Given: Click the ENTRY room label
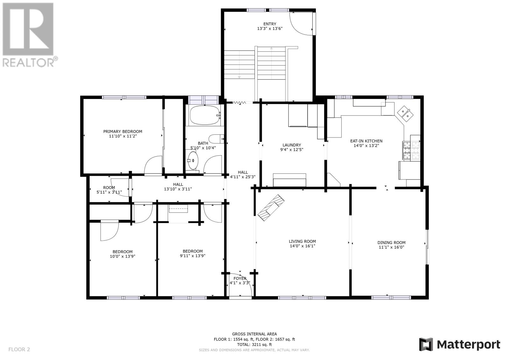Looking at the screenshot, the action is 270,24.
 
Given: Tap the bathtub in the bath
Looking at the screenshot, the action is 205,115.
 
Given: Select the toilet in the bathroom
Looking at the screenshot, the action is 216,139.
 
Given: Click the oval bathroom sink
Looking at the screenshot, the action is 193,160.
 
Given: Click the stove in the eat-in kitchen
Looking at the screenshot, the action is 411,150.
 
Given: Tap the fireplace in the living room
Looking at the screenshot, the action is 271,208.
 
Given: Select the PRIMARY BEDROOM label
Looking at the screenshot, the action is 123,131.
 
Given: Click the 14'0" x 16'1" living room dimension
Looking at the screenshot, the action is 302,246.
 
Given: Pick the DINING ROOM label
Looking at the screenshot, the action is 392,243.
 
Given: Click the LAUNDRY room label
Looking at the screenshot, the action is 292,145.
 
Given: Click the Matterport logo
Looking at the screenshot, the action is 460,344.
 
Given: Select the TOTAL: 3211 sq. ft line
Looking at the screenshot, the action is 254,344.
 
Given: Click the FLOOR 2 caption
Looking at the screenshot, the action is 19,349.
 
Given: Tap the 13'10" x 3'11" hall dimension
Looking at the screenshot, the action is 178,189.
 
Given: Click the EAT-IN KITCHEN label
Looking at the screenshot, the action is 366,141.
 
